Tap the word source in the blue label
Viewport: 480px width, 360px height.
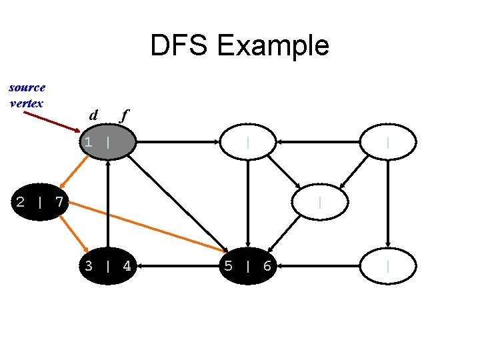pyautogui.click(x=27, y=87)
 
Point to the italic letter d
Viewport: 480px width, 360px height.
pyautogui.click(x=94, y=115)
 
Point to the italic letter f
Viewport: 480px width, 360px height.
pyautogui.click(x=123, y=115)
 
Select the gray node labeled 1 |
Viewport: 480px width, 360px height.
pyautogui.click(x=108, y=141)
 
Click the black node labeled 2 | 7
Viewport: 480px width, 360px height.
pyautogui.click(x=40, y=201)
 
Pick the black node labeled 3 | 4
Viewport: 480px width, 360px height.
pyautogui.click(x=108, y=266)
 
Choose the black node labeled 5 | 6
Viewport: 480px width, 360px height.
pyautogui.click(x=247, y=266)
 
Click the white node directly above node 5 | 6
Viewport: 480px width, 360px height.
pyautogui.click(x=247, y=141)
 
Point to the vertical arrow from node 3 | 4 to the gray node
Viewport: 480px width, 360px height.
pyautogui.click(x=108, y=203)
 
